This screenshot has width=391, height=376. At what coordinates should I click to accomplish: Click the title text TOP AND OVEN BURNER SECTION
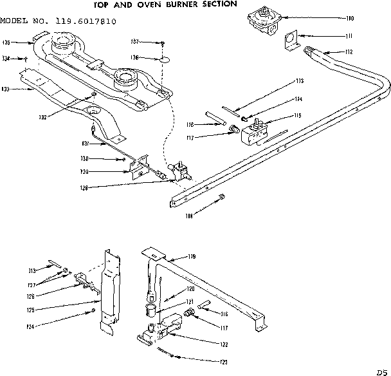click(192, 5)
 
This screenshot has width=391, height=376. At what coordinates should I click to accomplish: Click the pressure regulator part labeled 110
click(261, 21)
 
